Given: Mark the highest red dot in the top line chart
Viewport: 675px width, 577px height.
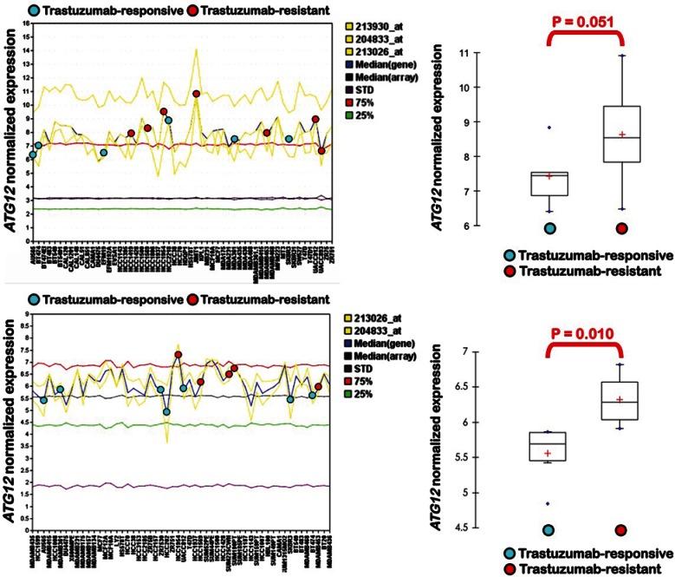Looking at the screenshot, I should (x=197, y=94).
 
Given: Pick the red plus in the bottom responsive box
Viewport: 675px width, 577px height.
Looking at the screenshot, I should (x=547, y=453).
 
